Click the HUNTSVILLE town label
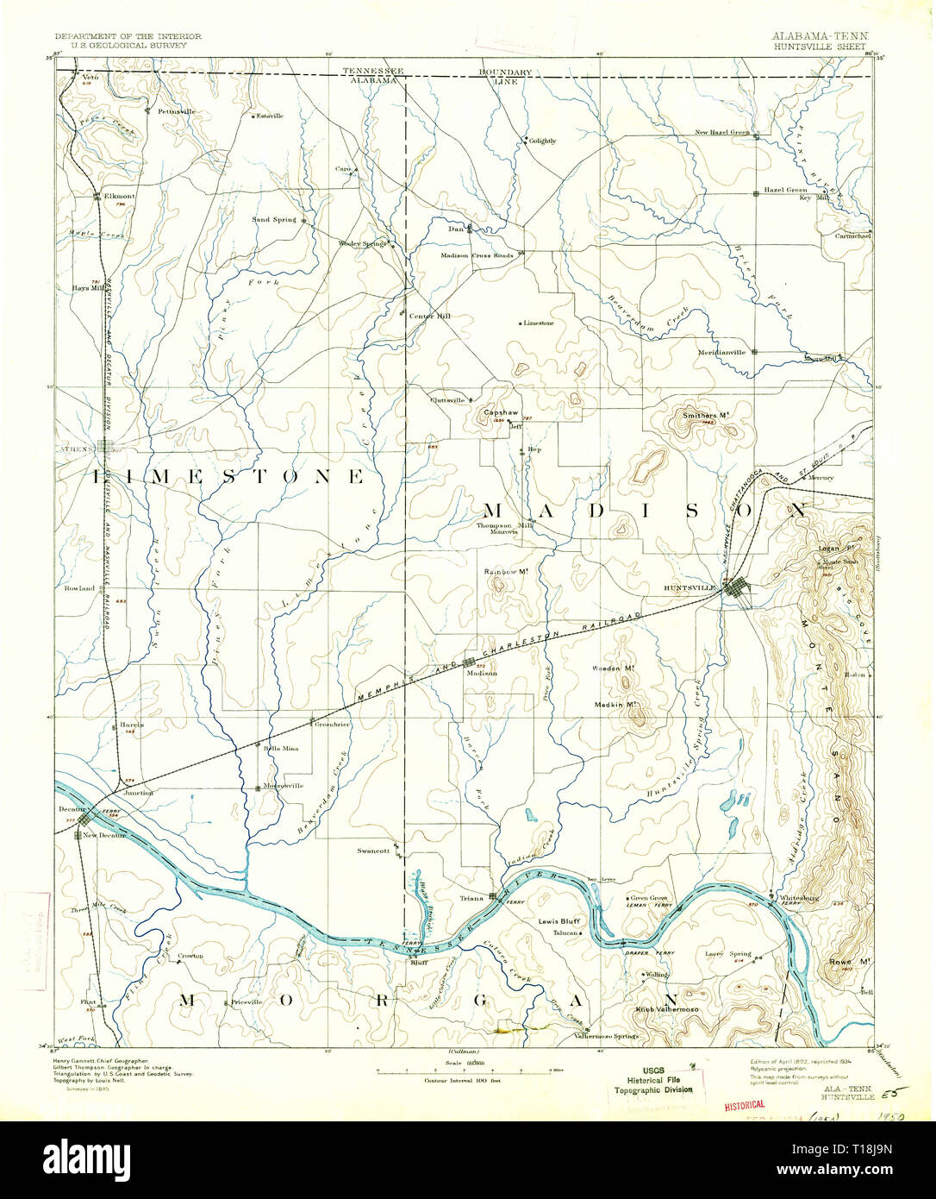[690, 587]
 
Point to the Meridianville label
[722, 352]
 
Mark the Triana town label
[471, 898]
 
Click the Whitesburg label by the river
[798, 898]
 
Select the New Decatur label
[104, 836]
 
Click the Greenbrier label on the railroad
[332, 725]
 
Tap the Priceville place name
[246, 1002]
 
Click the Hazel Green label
[785, 190]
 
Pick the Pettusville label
[177, 111]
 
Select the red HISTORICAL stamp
[744, 1104]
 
